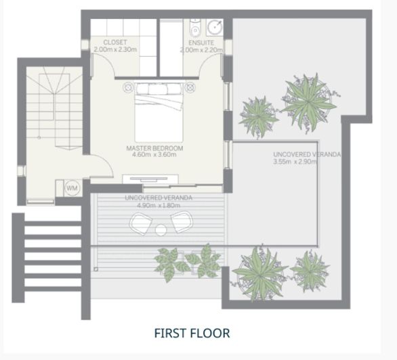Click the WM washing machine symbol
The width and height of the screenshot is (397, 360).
tap(72, 188)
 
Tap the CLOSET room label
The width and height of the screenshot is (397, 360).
tap(115, 43)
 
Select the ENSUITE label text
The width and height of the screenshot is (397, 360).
tap(201, 43)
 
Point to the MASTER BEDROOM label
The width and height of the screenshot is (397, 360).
tap(154, 148)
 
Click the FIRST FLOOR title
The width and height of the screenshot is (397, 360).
tap(192, 333)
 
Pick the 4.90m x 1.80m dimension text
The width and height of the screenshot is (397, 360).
tap(159, 205)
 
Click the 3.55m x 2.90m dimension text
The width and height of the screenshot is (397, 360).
tap(295, 162)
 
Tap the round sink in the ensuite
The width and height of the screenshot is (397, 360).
tap(215, 26)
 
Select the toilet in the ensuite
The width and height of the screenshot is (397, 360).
tap(195, 29)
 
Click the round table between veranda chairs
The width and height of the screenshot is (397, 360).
tap(161, 230)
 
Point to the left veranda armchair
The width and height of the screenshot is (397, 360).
tap(140, 224)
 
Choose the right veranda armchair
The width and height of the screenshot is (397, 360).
tap(182, 222)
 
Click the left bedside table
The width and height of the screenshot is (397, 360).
tap(128, 87)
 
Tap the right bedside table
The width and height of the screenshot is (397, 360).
tap(190, 87)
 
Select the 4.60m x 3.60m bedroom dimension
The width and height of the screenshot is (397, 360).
tap(154, 154)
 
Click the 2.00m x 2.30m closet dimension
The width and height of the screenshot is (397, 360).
tap(115, 49)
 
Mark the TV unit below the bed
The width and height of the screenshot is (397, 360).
tap(150, 179)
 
